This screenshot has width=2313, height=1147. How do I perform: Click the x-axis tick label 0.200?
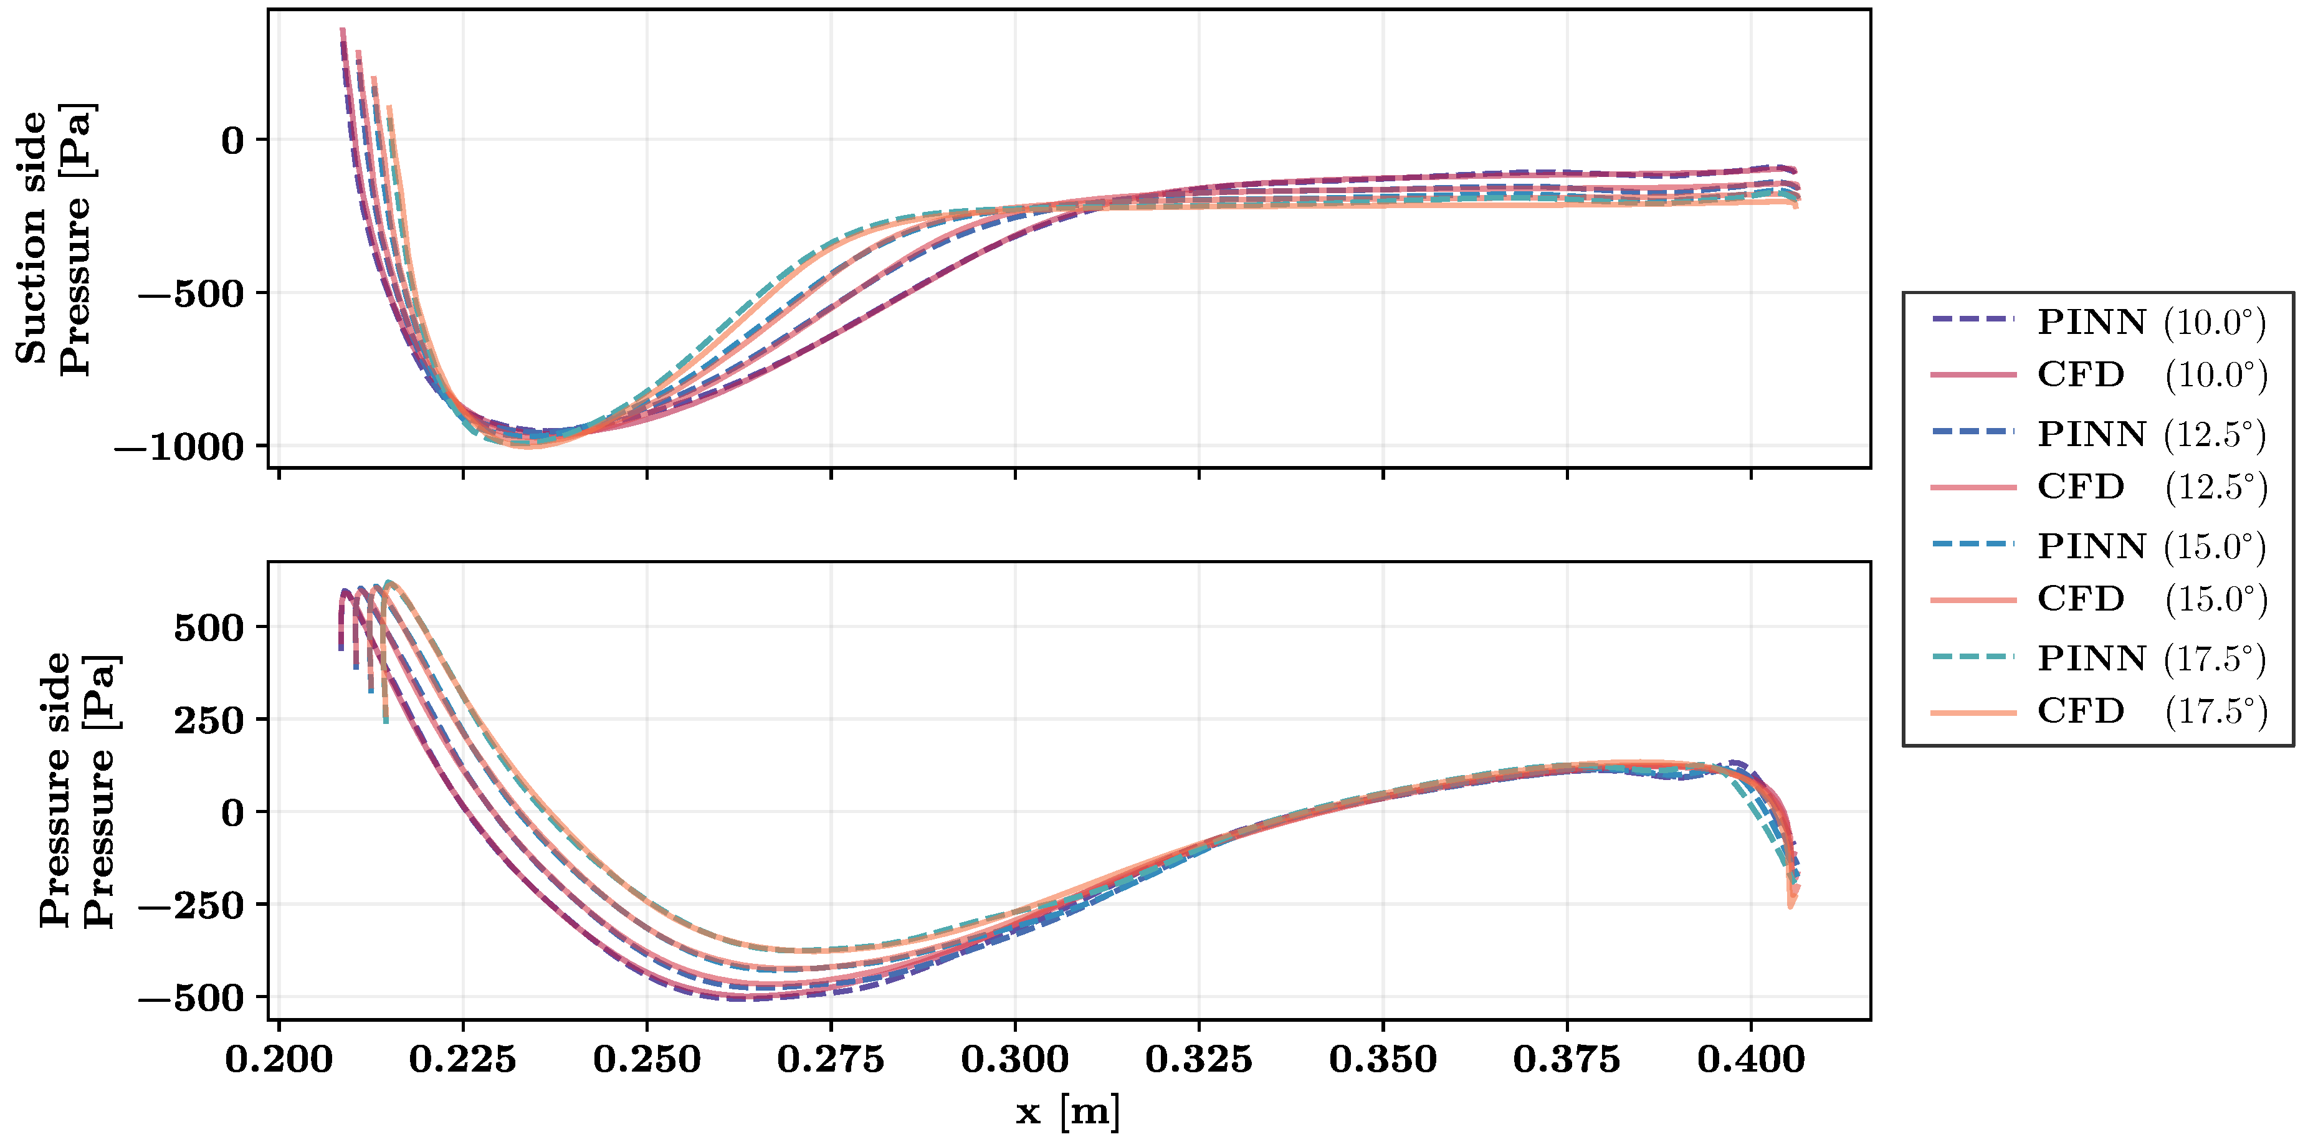(x=279, y=1059)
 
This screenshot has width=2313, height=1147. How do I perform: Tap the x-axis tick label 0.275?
(x=831, y=1059)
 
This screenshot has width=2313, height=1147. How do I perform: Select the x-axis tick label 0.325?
(x=1199, y=1059)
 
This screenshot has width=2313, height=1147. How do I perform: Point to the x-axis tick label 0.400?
(x=1751, y=1059)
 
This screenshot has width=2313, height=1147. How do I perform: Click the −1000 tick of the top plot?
(x=179, y=447)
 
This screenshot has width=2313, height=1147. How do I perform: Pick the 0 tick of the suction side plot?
(x=232, y=141)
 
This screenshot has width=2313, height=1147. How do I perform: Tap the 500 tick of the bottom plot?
(x=209, y=627)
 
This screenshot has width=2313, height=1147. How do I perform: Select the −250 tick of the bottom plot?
(x=191, y=905)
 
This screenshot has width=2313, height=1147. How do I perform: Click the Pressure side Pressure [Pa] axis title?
(x=77, y=790)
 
